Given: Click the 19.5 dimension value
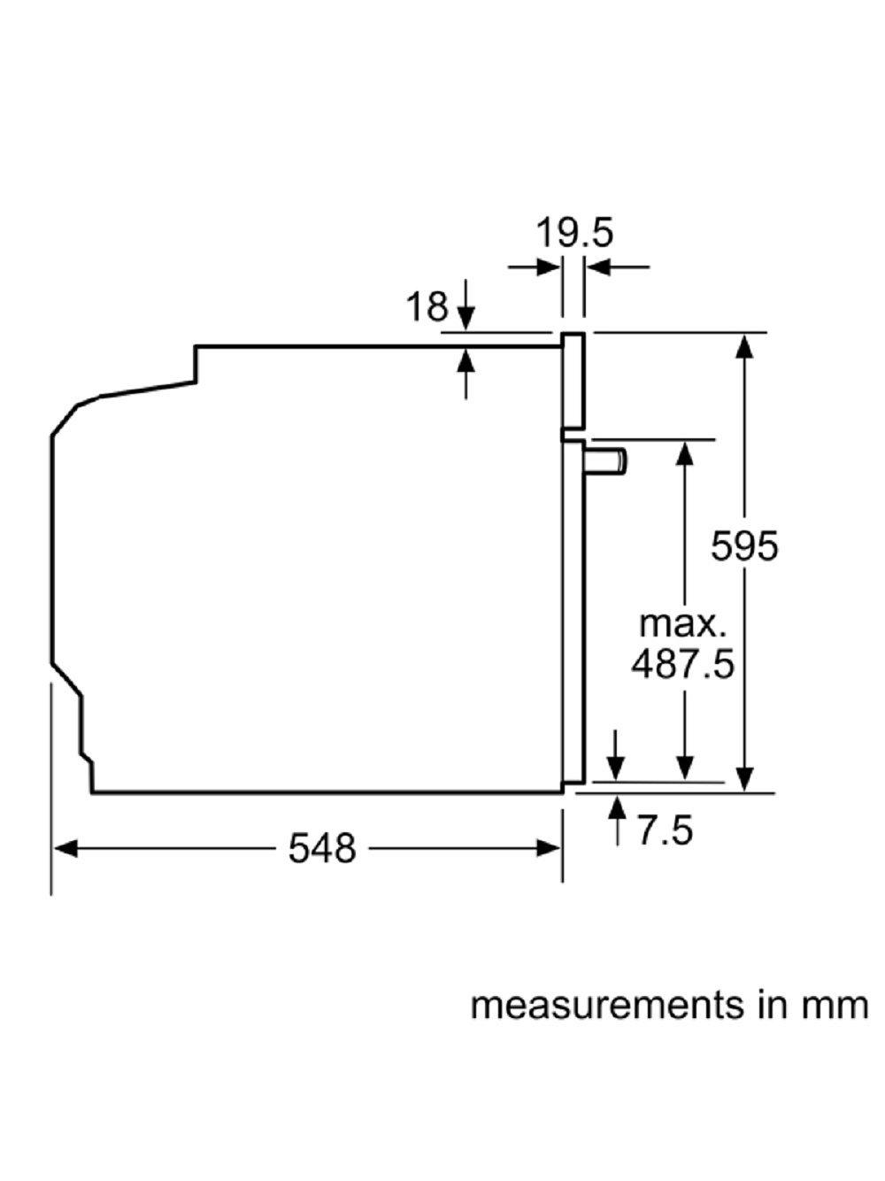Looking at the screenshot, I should click(573, 233).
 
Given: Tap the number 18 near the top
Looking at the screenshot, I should click(427, 306).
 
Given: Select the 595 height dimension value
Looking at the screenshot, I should click(745, 545).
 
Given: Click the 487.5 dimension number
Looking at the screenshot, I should click(682, 663).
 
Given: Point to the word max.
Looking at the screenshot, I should click(682, 623).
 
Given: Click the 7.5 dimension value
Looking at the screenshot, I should click(664, 830).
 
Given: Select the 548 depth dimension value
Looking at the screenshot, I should click(322, 849).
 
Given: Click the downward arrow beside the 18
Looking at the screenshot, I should click(466, 317).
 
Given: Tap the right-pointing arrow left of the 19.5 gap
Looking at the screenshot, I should click(549, 265).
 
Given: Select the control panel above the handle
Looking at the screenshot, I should click(573, 381).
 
